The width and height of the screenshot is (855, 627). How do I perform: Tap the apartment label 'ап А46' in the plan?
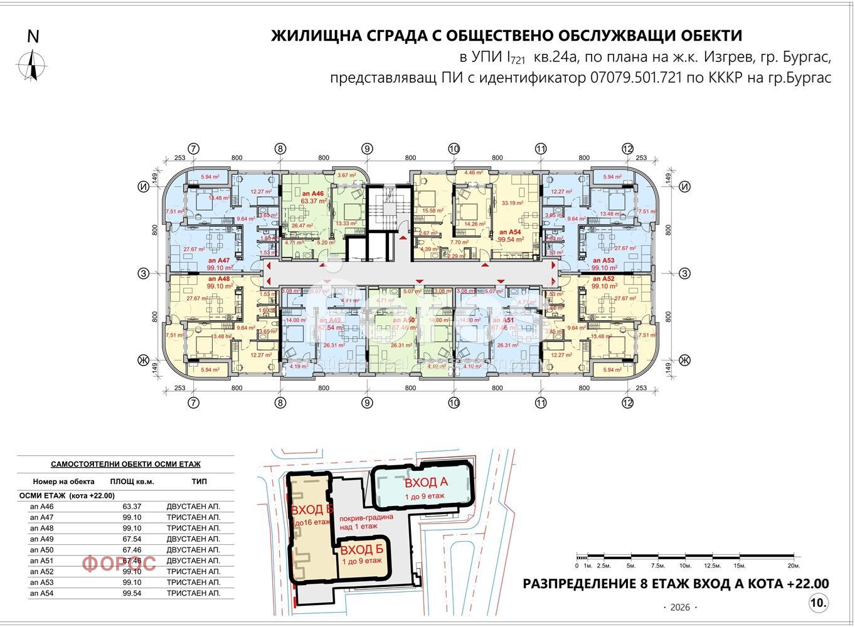point(312,194)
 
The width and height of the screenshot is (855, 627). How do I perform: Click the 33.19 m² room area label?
point(513,203)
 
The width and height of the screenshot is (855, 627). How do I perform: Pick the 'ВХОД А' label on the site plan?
point(425,483)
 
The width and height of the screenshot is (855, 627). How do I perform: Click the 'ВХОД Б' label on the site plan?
point(361,550)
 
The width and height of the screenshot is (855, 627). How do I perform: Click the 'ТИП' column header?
point(199,482)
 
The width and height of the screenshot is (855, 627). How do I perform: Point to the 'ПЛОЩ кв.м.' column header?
point(132,482)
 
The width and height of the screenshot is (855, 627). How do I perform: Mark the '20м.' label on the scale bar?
point(793,566)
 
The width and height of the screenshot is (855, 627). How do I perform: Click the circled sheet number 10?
point(818,603)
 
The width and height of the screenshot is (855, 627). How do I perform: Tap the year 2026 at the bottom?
point(679,608)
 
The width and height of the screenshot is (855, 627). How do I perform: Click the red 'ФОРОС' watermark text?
point(119,564)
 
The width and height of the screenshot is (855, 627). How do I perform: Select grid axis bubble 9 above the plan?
point(367,149)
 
